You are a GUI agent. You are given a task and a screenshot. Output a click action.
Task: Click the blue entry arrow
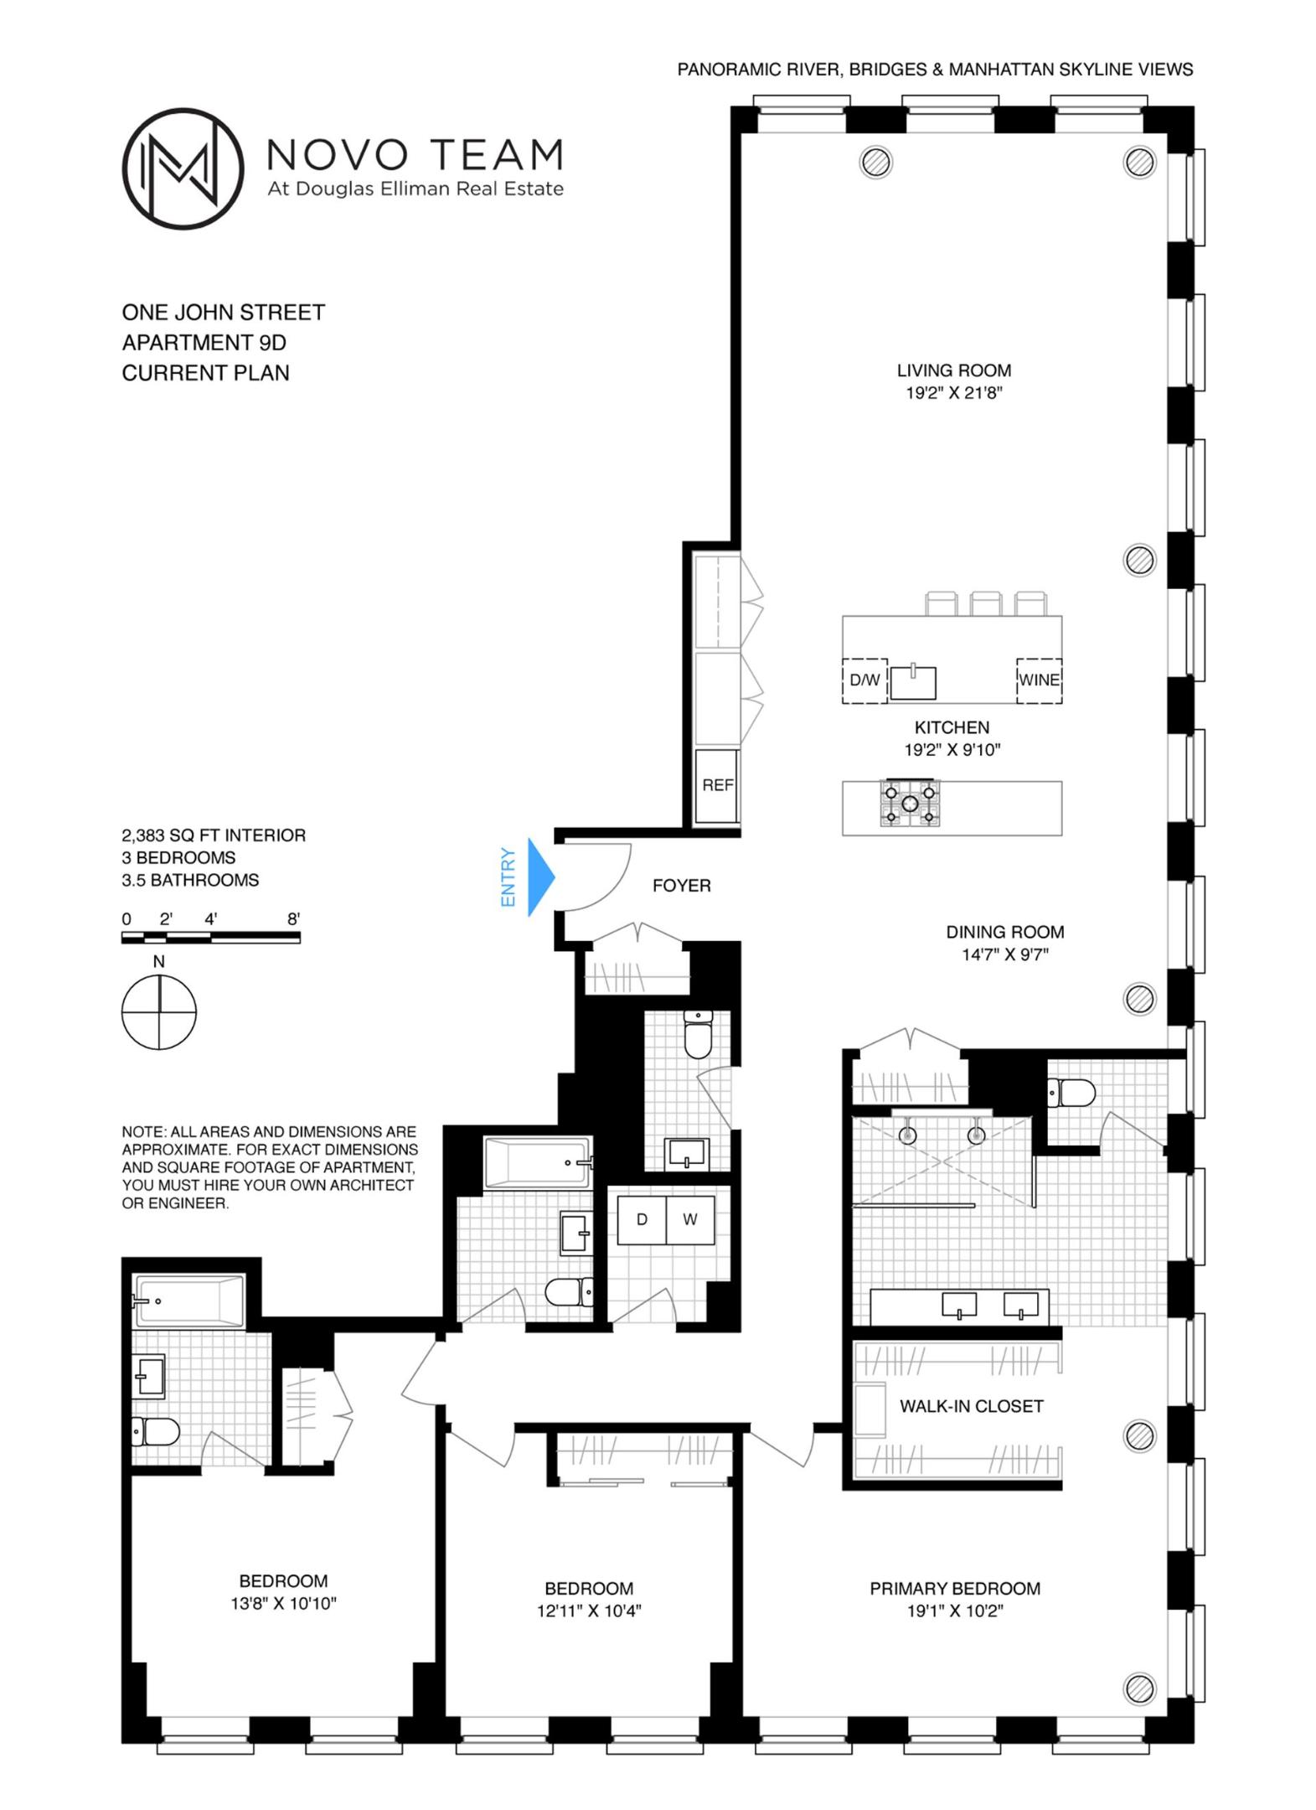click(540, 877)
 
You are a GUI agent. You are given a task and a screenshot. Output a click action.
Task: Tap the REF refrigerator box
click(717, 785)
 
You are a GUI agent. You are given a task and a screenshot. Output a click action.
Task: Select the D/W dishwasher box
click(864, 680)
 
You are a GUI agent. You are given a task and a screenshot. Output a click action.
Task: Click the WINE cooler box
click(1039, 680)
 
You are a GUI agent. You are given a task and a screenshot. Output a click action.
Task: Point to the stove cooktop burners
click(910, 803)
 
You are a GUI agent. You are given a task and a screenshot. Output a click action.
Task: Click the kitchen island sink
click(912, 682)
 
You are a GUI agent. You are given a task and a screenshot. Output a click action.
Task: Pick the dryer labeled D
click(642, 1219)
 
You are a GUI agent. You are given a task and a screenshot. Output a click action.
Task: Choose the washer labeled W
click(689, 1219)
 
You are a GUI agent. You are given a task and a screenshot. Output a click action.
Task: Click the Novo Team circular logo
click(183, 168)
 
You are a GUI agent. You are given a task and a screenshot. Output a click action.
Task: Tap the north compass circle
click(159, 1011)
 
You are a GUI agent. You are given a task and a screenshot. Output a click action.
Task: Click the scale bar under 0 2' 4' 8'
click(211, 939)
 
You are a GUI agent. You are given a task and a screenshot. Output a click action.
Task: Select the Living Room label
click(953, 370)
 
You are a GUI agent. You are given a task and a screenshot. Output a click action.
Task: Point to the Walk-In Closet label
click(971, 1406)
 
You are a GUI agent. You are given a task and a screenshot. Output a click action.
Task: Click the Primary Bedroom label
click(954, 1588)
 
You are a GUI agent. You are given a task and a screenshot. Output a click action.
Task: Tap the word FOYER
click(681, 885)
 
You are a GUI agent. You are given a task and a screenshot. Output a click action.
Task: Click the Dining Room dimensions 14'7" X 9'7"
click(1004, 954)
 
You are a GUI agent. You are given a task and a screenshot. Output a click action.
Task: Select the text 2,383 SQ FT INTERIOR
click(214, 835)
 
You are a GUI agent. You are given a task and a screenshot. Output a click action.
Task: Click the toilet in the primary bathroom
click(1072, 1093)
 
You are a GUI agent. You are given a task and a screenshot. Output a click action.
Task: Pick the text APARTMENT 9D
click(204, 343)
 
